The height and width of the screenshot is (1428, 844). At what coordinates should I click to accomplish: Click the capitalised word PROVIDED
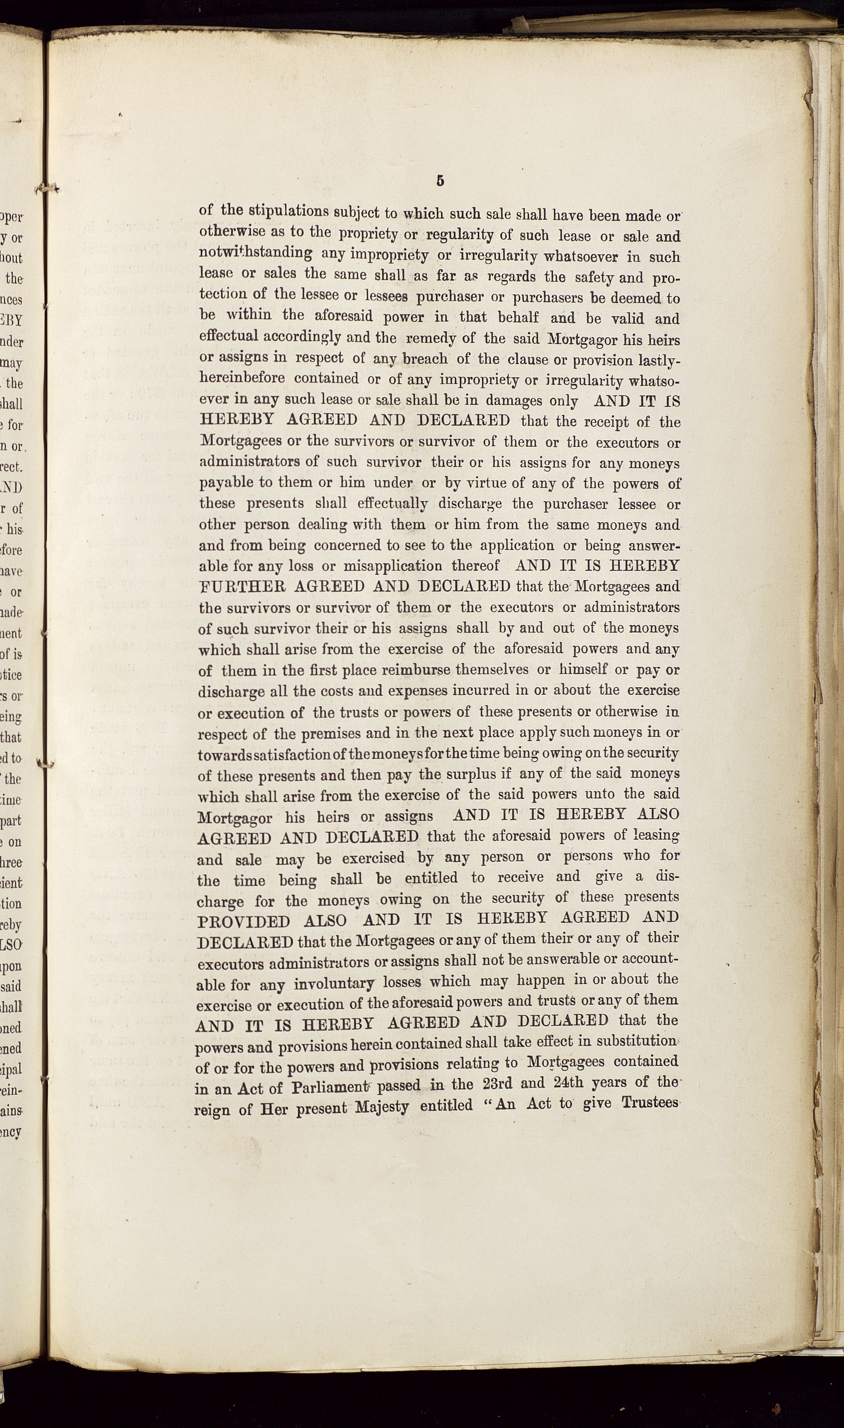[244, 920]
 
